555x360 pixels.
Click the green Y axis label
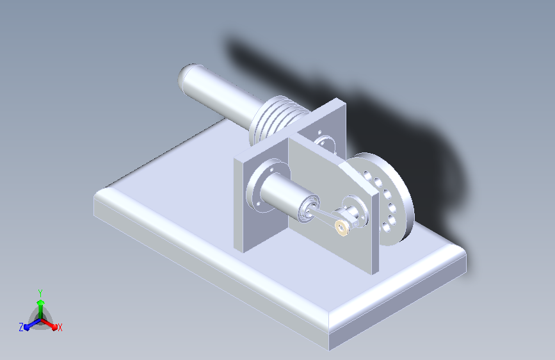[40, 293]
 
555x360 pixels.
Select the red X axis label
[60, 327]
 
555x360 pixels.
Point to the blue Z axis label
[21, 327]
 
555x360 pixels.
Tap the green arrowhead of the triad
[41, 302]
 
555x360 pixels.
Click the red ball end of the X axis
[54, 327]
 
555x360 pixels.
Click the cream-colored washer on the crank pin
[342, 227]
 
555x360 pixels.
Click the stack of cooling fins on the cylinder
[276, 119]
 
